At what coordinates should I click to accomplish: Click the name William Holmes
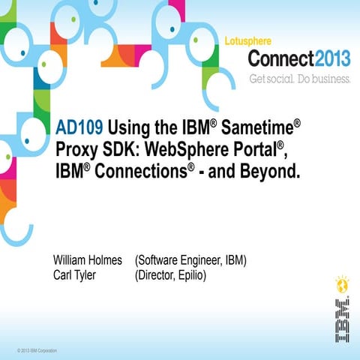coord(87,260)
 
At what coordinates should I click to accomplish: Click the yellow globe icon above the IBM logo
coord(342,285)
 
